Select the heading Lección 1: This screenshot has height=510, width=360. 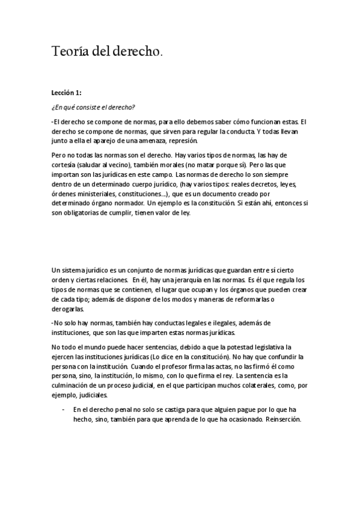coord(67,93)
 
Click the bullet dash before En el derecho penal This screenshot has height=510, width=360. coord(63,409)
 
